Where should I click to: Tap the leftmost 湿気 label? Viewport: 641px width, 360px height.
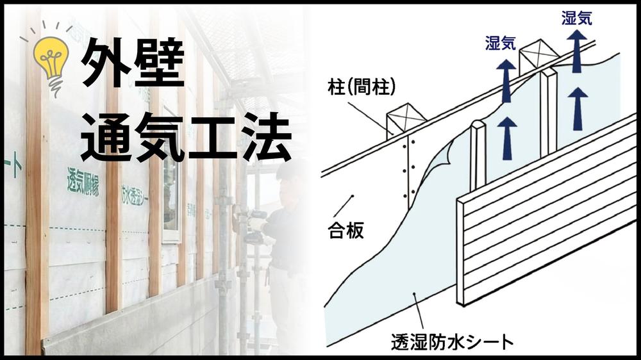tap(502, 44)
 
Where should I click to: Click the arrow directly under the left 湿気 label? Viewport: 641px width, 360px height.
tap(506, 80)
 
